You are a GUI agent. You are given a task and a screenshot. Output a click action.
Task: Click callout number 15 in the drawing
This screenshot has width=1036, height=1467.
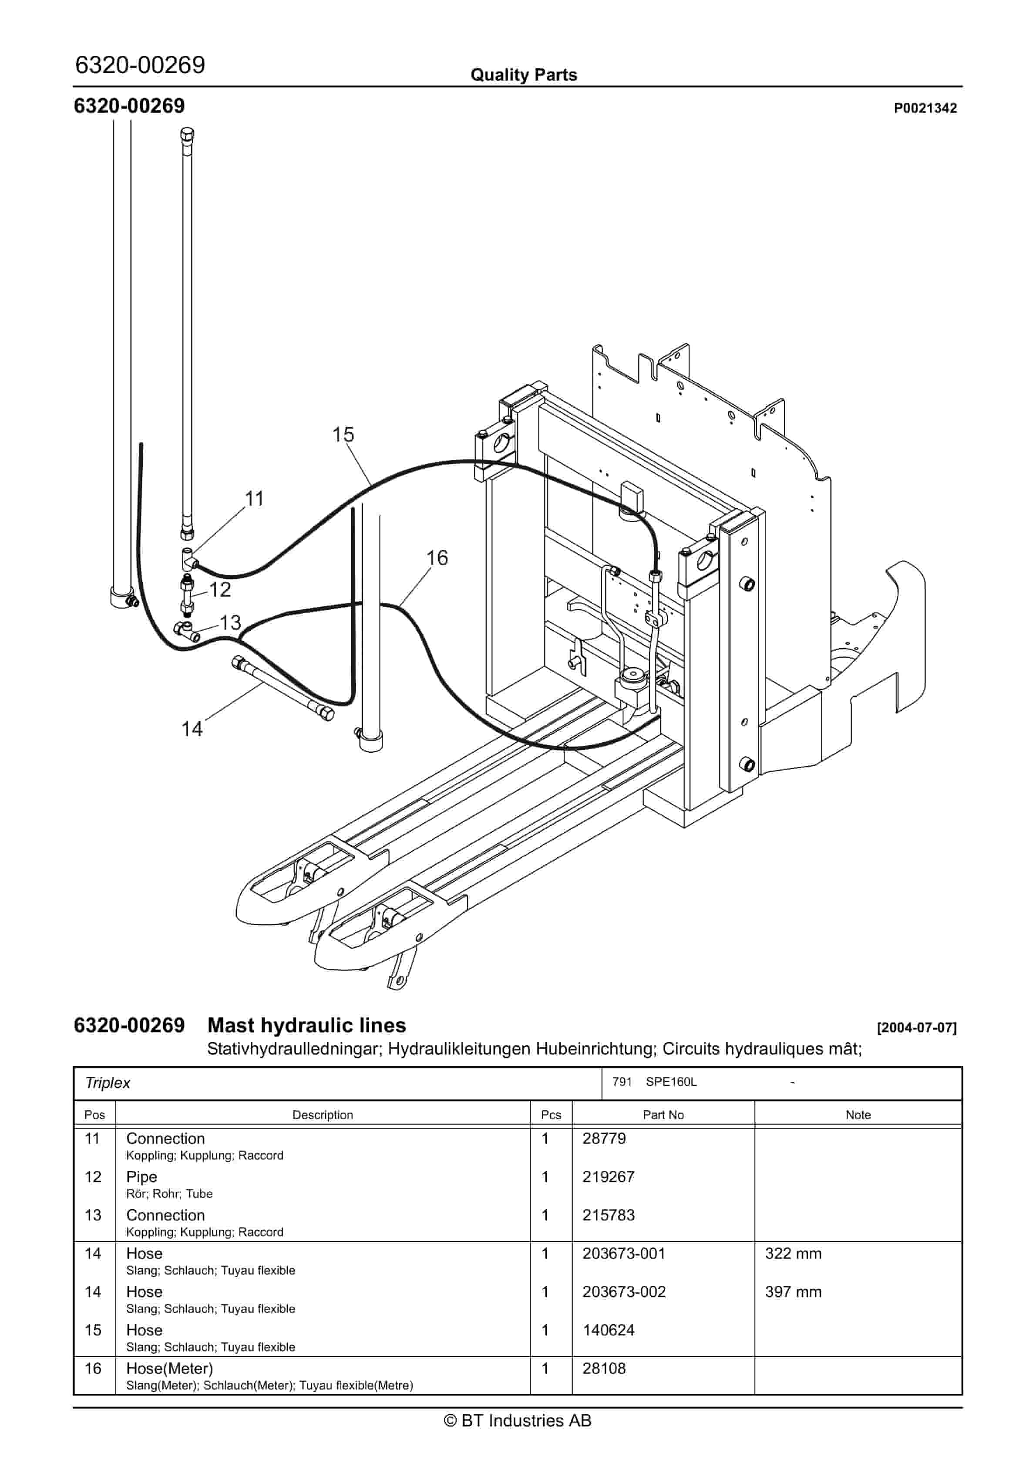(343, 434)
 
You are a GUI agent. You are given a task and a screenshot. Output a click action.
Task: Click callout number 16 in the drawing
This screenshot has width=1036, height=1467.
(437, 558)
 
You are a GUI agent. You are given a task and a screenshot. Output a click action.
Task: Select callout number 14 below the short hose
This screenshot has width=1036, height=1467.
(192, 729)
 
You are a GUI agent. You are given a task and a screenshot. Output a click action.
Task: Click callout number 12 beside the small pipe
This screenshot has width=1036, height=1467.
(220, 589)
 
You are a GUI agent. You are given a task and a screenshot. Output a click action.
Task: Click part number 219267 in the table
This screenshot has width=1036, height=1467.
(608, 1176)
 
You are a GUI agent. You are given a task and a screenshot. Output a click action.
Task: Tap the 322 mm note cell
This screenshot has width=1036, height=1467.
(793, 1253)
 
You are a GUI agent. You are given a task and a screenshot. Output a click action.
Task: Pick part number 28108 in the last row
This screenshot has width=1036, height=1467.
(604, 1368)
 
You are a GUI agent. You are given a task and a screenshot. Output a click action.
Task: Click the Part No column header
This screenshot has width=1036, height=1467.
(663, 1115)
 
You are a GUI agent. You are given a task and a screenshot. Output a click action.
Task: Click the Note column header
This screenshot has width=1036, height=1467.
(858, 1115)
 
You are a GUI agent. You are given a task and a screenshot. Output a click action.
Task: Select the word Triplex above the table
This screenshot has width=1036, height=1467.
(108, 1083)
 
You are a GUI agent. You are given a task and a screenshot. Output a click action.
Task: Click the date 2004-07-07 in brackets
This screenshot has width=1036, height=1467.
(917, 1028)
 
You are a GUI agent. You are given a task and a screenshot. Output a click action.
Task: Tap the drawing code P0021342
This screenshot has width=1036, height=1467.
(925, 108)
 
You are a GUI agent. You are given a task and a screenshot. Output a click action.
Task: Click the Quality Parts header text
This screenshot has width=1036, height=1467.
(523, 75)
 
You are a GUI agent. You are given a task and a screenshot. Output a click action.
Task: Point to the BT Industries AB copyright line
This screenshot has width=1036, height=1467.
(518, 1420)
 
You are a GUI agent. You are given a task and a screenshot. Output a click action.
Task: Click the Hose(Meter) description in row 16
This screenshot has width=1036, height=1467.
(169, 1368)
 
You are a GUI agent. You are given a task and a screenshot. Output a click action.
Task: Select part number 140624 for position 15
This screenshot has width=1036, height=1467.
(608, 1330)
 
